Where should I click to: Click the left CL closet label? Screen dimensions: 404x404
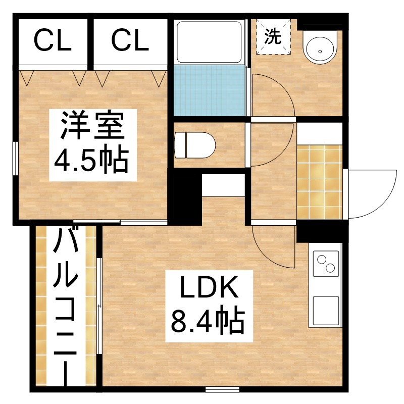[x=53, y=40]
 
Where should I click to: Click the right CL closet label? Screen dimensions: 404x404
[x=130, y=40]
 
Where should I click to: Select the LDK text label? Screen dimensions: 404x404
[x=209, y=288]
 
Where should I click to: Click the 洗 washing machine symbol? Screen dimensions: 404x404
[x=273, y=36]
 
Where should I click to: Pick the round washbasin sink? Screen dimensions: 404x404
[x=320, y=47]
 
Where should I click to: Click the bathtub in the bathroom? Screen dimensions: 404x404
[x=209, y=42]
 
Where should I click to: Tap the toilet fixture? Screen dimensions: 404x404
[x=194, y=145]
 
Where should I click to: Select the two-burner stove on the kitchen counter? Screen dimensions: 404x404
[x=326, y=263]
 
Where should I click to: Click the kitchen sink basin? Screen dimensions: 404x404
[x=326, y=311]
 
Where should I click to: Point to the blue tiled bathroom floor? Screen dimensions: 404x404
[x=209, y=90]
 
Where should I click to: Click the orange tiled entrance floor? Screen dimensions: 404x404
[x=320, y=182]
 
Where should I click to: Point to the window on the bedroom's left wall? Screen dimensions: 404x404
[x=16, y=158]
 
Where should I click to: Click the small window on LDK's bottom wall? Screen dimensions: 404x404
[x=223, y=389]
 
